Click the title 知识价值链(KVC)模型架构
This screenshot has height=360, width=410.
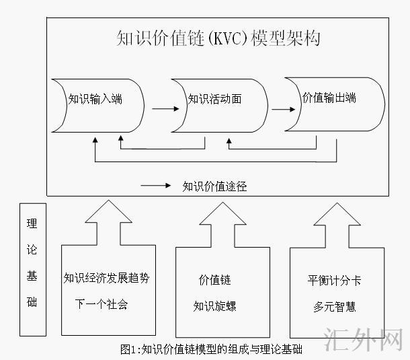click(x=218, y=38)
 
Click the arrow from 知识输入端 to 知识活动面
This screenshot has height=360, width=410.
click(x=161, y=108)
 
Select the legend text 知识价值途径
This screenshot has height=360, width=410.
click(x=214, y=186)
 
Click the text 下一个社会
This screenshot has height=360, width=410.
click(x=101, y=304)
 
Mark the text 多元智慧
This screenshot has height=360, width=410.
click(x=335, y=306)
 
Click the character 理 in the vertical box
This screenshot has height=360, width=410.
click(x=32, y=224)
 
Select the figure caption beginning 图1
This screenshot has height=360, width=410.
click(x=212, y=349)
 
